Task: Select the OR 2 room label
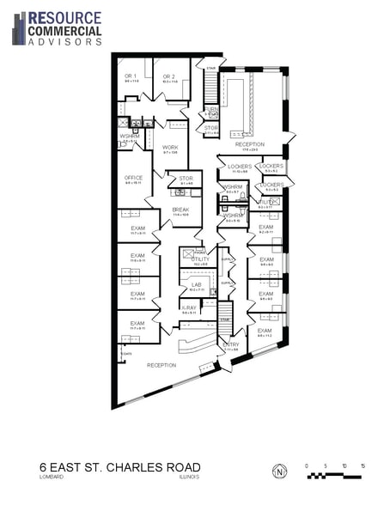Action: (x=168, y=76)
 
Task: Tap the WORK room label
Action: (x=170, y=147)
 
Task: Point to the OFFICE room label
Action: (x=133, y=178)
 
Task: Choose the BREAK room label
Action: (x=180, y=210)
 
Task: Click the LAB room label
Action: (x=196, y=284)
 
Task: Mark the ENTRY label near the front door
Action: (x=230, y=344)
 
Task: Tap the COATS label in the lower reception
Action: (x=127, y=352)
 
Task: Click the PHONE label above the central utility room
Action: (x=199, y=253)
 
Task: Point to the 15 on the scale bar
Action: (x=363, y=465)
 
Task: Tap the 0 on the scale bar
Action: (x=308, y=465)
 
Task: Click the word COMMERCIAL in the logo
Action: (x=64, y=30)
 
